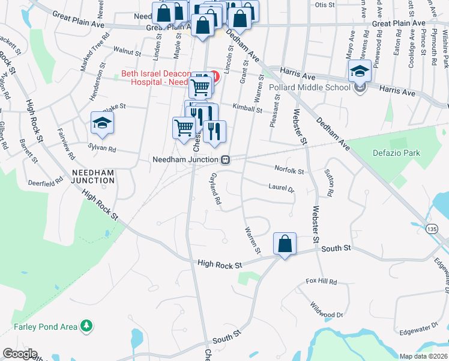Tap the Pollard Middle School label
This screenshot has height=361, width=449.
(310, 87)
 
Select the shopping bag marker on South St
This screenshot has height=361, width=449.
(285, 244)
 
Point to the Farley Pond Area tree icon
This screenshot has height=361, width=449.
(88, 326)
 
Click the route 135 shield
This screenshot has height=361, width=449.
(432, 228)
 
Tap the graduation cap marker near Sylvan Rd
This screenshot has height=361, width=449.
(102, 123)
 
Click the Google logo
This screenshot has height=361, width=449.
(20, 354)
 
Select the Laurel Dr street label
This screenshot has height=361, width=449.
(282, 188)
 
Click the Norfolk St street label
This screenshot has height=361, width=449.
(289, 170)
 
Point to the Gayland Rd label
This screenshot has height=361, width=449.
(215, 190)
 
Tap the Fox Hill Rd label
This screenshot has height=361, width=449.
(319, 281)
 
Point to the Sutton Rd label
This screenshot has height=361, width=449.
(329, 184)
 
